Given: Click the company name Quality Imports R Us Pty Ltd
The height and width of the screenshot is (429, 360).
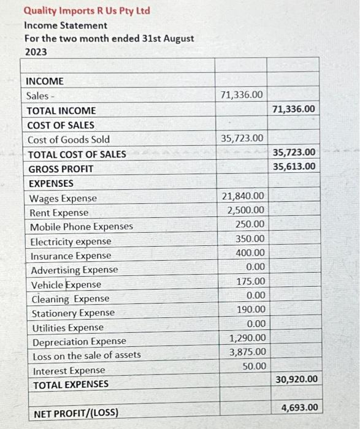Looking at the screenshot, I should pos(86,11).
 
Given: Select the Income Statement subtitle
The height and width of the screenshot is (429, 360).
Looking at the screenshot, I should pos(66,25).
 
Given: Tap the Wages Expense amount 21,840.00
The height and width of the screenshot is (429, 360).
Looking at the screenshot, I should pos(243,196).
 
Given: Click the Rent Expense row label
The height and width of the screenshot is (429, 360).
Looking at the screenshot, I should pos(59,213).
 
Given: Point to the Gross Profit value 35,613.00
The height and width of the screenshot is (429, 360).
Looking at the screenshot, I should pos(294,167).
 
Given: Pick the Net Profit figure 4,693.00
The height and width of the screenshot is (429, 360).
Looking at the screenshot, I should pos(299,408).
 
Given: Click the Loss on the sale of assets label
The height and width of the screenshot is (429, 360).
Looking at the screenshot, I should pos(86,355).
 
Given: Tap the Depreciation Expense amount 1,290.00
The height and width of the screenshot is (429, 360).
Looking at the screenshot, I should pos(248,338).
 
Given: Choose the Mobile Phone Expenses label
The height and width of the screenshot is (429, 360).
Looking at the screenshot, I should pos(82,227).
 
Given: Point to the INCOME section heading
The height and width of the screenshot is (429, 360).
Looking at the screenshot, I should pos(45,81).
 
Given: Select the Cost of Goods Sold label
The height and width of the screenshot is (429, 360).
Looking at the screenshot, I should pos(69,140).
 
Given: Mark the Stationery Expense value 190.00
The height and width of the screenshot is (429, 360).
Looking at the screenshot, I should pos(251,309).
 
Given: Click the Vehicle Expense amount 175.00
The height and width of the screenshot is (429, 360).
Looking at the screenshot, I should pos(251,281).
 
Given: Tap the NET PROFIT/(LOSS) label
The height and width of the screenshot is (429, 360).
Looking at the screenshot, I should pos(76,413).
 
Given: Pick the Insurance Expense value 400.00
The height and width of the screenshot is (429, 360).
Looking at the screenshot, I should pos(251,252).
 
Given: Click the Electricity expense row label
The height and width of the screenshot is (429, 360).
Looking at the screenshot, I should pos(71,241).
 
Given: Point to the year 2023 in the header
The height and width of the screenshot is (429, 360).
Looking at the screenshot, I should pos(36,52).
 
